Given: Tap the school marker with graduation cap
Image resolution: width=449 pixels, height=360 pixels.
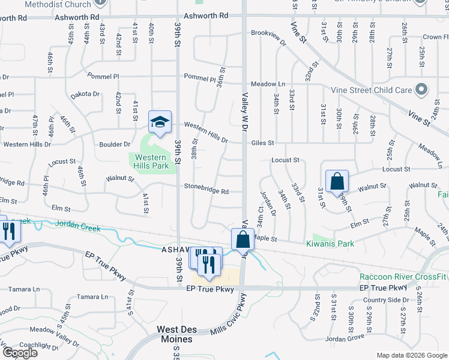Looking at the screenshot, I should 160,122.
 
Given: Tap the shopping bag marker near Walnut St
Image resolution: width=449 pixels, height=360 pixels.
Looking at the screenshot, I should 337,181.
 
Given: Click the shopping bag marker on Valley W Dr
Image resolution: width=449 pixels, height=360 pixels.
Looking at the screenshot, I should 242,239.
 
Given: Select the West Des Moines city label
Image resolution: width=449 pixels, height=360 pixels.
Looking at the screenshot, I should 175,334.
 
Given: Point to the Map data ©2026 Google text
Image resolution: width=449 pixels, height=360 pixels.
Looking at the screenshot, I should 411,355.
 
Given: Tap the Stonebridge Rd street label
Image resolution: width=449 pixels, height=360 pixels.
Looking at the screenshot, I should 206,192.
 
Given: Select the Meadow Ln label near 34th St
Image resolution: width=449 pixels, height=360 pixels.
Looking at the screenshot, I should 268,84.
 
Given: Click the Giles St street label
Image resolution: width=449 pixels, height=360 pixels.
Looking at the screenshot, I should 262,143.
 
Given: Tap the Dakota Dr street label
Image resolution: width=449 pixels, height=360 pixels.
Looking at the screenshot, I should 85,94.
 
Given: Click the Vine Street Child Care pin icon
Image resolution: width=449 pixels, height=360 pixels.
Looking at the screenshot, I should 421,90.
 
